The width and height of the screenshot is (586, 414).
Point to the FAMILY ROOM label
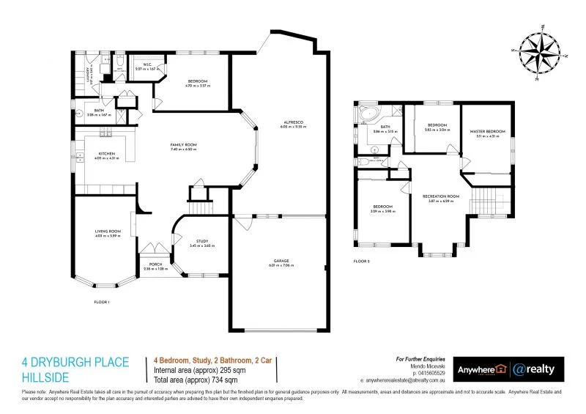[x=184, y=145]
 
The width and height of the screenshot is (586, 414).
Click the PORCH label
[x=155, y=265]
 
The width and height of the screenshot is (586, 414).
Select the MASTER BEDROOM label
[x=487, y=132]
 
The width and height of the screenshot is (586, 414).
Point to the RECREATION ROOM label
[x=440, y=196]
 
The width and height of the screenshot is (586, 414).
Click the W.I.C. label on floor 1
[x=146, y=64]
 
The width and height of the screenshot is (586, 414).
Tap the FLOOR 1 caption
[x=101, y=302]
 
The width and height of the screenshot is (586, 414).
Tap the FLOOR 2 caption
[x=362, y=261]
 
